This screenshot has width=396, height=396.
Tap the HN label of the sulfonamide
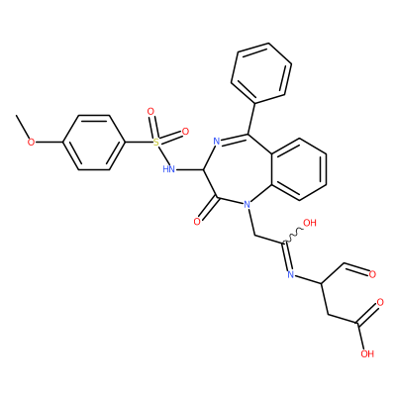[x=169, y=169]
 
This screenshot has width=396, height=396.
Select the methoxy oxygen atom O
[x=31, y=143]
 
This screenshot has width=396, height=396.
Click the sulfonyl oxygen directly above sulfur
[x=150, y=112]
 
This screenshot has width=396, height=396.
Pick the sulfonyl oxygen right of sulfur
[x=185, y=132]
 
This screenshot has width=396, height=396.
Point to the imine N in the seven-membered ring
[x=217, y=142]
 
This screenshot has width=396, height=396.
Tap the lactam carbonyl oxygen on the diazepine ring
[x=197, y=222]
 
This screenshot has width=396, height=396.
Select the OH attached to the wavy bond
[x=310, y=223]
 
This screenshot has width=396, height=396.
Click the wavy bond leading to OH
[x=292, y=237]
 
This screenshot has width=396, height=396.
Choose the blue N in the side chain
[x=291, y=274]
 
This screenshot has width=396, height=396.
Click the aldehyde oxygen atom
[x=372, y=274]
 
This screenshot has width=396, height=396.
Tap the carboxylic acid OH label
[x=367, y=354]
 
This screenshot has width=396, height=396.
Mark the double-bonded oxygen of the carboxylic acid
[x=380, y=302]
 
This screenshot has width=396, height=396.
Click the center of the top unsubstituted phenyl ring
[x=261, y=73]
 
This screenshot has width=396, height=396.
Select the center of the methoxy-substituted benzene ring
[x=94, y=143]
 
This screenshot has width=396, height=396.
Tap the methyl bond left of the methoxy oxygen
[x=22, y=128]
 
